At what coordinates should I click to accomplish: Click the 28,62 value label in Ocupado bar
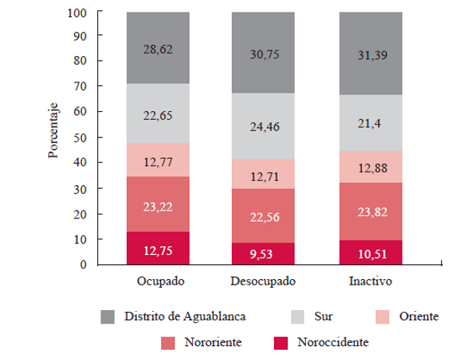(x=159, y=48)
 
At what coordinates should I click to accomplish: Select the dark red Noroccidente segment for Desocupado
(x=262, y=253)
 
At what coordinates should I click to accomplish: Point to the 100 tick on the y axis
(x=76, y=12)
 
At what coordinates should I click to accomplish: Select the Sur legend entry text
(x=323, y=316)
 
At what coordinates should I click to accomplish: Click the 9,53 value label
(x=262, y=253)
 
